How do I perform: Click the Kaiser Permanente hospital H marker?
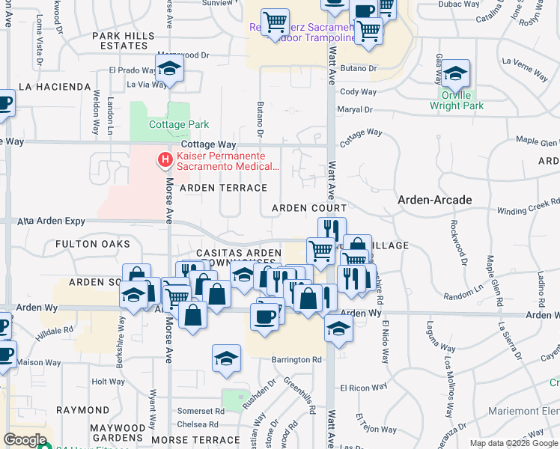coord(163,159)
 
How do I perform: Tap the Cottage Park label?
coord(178,124)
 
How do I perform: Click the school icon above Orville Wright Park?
coord(455,75)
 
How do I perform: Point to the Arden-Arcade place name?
coord(434,200)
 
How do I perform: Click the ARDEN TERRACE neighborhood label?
coord(223,188)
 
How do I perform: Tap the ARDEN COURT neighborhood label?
coord(309,208)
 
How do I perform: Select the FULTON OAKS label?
coord(92,244)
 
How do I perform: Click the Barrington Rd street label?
coord(296,359)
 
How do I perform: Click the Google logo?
coord(25,440)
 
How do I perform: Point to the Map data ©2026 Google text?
coord(513,443)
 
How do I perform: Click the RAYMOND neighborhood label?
coord(82,410)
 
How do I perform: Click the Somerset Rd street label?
coord(201,411)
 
